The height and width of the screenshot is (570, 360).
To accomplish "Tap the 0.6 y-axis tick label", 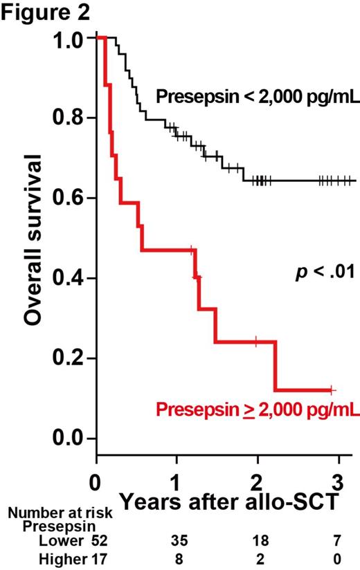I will pos(71,198).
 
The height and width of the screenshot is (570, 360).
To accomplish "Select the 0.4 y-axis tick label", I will pos(71,278).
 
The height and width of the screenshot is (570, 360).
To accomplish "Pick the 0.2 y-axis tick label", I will pos(71,358).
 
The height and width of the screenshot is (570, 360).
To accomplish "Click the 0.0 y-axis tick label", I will pos(71,439).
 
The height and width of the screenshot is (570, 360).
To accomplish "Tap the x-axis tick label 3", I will pos(336,479).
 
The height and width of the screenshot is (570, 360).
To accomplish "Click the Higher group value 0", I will pos(336,558).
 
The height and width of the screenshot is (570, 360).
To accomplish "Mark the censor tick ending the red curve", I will pos(332,389).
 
